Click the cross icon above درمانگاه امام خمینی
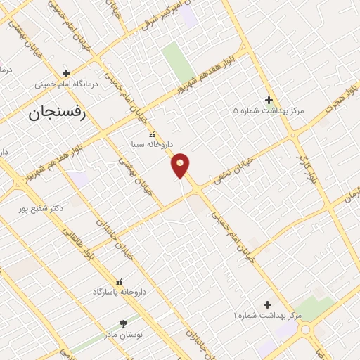click(x=66, y=73)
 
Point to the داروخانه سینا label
click(x=150, y=146)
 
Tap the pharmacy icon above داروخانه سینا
click(x=150, y=135)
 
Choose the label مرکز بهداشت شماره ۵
click(x=268, y=110)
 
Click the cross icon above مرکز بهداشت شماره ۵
click(x=268, y=100)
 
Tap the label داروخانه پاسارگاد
click(x=118, y=291)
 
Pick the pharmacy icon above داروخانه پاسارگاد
click(x=118, y=281)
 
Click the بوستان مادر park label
click(x=123, y=335)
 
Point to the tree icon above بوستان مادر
click(x=124, y=323)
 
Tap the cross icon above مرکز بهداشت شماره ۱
click(x=267, y=304)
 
